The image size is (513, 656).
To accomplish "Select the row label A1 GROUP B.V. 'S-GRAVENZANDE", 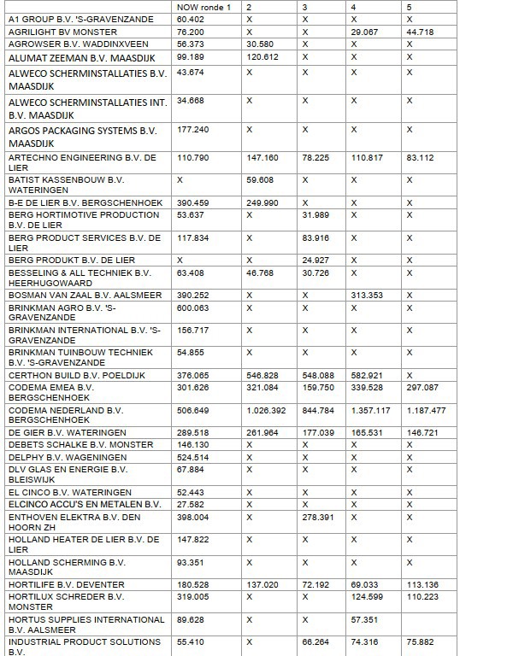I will coord(81,18).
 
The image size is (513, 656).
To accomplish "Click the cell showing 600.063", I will coord(192,308).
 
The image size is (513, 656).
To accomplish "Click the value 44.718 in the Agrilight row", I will coord(422,31).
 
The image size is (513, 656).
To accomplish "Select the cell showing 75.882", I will coord(422,641).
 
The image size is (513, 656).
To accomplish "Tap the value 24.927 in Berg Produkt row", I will coord(315,259).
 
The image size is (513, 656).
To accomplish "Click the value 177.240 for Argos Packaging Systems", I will coord(192,130).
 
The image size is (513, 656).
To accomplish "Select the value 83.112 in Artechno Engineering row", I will coord(422,157).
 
